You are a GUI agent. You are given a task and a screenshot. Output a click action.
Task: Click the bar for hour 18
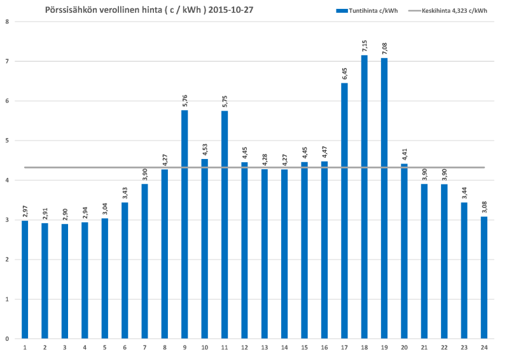pos(364,197)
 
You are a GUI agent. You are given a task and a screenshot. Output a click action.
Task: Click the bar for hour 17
pos(344,211)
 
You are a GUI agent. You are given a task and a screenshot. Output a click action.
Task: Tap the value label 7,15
pos(364,45)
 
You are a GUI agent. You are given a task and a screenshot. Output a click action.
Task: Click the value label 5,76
pos(185,100)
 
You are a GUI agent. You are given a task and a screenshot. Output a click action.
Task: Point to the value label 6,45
pos(344,73)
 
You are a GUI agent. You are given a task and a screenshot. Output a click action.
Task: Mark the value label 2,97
pos(25,211)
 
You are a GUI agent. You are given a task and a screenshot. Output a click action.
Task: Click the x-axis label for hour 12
pos(244,347)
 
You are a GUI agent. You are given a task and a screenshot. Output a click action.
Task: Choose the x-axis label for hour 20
pos(404,347)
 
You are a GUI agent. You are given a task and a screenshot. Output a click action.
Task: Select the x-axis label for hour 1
pos(25,347)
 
